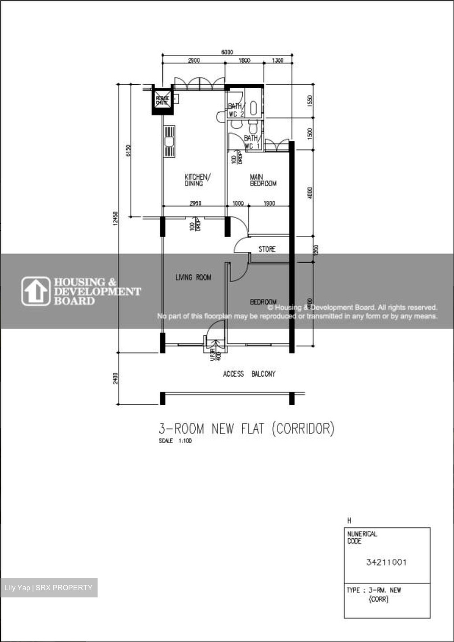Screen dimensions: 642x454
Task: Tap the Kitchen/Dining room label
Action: click(x=197, y=180)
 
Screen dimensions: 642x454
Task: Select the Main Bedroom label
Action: click(x=263, y=180)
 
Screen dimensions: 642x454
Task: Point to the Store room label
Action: click(x=267, y=249)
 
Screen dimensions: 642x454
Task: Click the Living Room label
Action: click(x=193, y=277)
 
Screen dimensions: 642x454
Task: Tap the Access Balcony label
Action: click(x=249, y=374)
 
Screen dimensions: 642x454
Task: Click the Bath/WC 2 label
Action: click(x=236, y=110)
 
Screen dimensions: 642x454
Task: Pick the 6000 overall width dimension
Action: click(x=227, y=52)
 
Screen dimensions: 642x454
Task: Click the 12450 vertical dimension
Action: click(x=115, y=218)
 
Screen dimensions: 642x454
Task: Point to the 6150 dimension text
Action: click(x=128, y=151)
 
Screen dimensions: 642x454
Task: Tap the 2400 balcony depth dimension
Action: click(x=115, y=379)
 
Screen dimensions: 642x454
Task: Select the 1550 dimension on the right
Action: click(x=310, y=100)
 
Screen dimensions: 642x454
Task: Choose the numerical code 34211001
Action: click(x=386, y=562)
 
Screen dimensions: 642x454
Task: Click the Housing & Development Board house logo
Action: click(x=36, y=291)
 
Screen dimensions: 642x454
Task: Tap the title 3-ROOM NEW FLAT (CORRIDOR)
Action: click(x=246, y=429)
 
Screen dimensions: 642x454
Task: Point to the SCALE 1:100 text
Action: click(x=175, y=441)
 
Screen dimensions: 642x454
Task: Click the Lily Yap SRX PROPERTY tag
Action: click(x=49, y=588)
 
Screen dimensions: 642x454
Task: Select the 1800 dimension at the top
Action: click(x=244, y=61)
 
